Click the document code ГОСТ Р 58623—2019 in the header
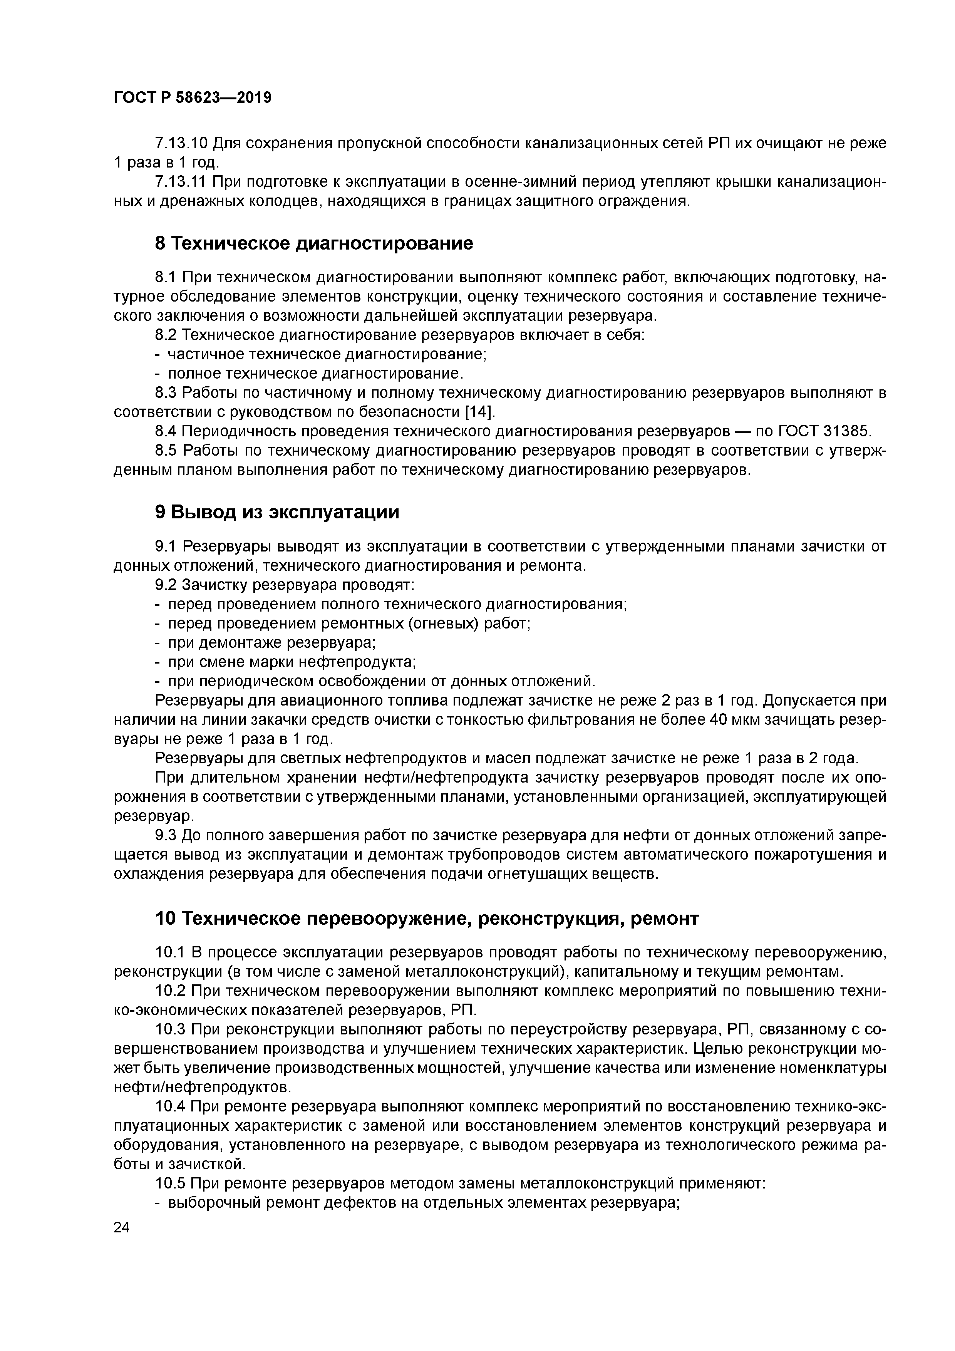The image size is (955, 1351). click(x=193, y=97)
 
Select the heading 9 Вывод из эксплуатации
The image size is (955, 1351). click(x=276, y=512)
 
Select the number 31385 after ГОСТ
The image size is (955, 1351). click(x=845, y=431)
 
